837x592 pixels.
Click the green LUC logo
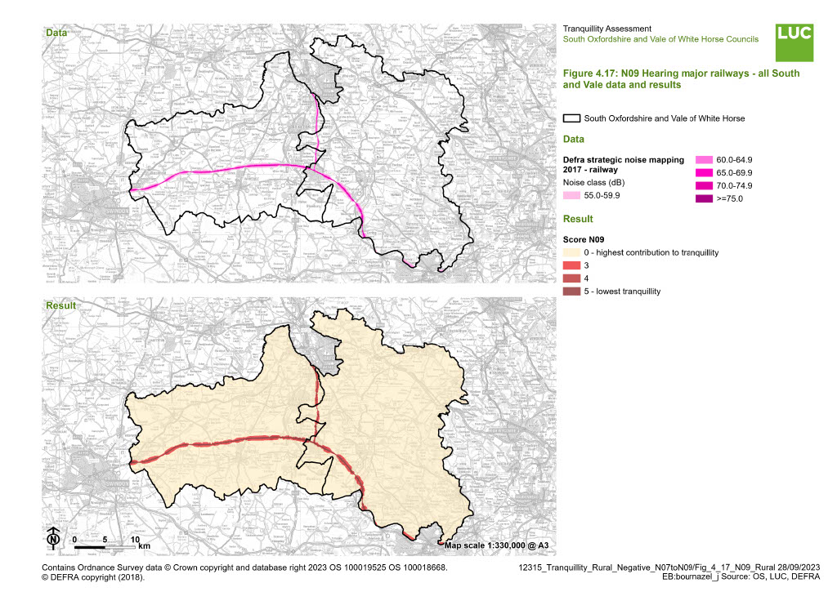point(794,42)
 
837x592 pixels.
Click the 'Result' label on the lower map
point(60,305)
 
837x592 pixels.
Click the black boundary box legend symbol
point(572,118)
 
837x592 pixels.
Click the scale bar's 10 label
point(136,540)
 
